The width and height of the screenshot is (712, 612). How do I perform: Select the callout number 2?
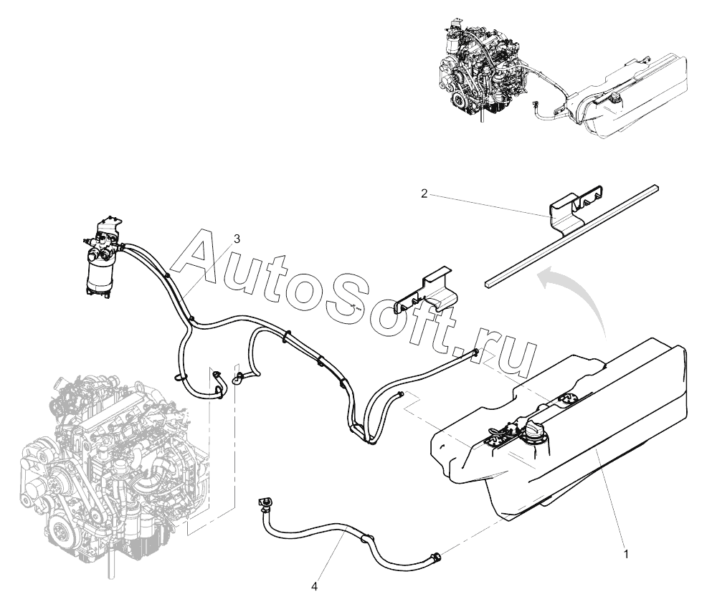click(424, 193)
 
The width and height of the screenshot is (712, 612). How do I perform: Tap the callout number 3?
click(236, 237)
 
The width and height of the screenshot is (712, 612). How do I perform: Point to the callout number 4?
click(314, 585)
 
